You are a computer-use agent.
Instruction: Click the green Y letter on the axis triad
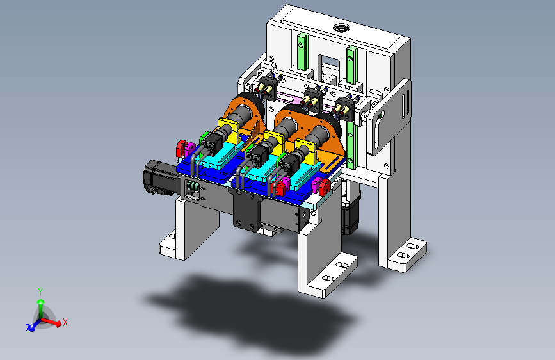tap(40, 292)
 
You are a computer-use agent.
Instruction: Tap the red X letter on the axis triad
tap(65, 322)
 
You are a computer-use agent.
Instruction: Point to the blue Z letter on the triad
tap(28, 329)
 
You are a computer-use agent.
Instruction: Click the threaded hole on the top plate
tap(341, 28)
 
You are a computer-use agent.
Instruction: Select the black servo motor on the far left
tap(159, 177)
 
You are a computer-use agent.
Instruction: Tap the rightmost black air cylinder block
tap(345, 107)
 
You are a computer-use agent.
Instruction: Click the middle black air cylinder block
tap(312, 98)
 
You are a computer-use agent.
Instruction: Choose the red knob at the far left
tap(182, 149)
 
